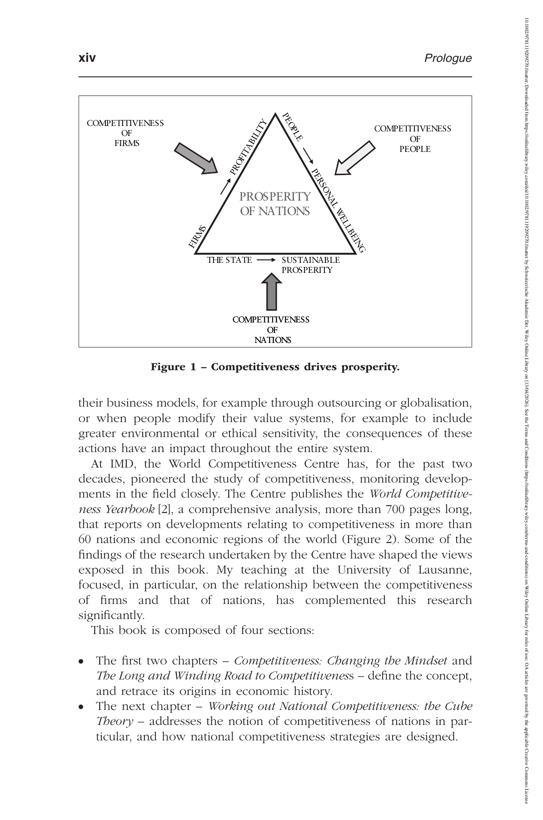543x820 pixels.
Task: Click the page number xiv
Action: pos(87,58)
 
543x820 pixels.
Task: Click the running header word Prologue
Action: pos(448,58)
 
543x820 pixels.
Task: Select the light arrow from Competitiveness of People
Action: pos(355,158)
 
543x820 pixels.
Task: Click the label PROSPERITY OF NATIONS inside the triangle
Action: pos(275,204)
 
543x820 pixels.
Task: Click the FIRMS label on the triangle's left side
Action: pos(198,237)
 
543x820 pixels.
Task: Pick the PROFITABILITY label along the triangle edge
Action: pos(248,147)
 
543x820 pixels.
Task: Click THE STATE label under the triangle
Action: pos(229,260)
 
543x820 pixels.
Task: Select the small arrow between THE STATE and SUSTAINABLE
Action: pos(266,260)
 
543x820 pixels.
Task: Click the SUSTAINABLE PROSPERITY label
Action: pos(310,265)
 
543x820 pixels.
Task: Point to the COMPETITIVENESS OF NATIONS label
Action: pos(271,329)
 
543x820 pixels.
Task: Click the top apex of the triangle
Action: pos(275,114)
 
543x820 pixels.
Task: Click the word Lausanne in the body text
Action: pos(449,570)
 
